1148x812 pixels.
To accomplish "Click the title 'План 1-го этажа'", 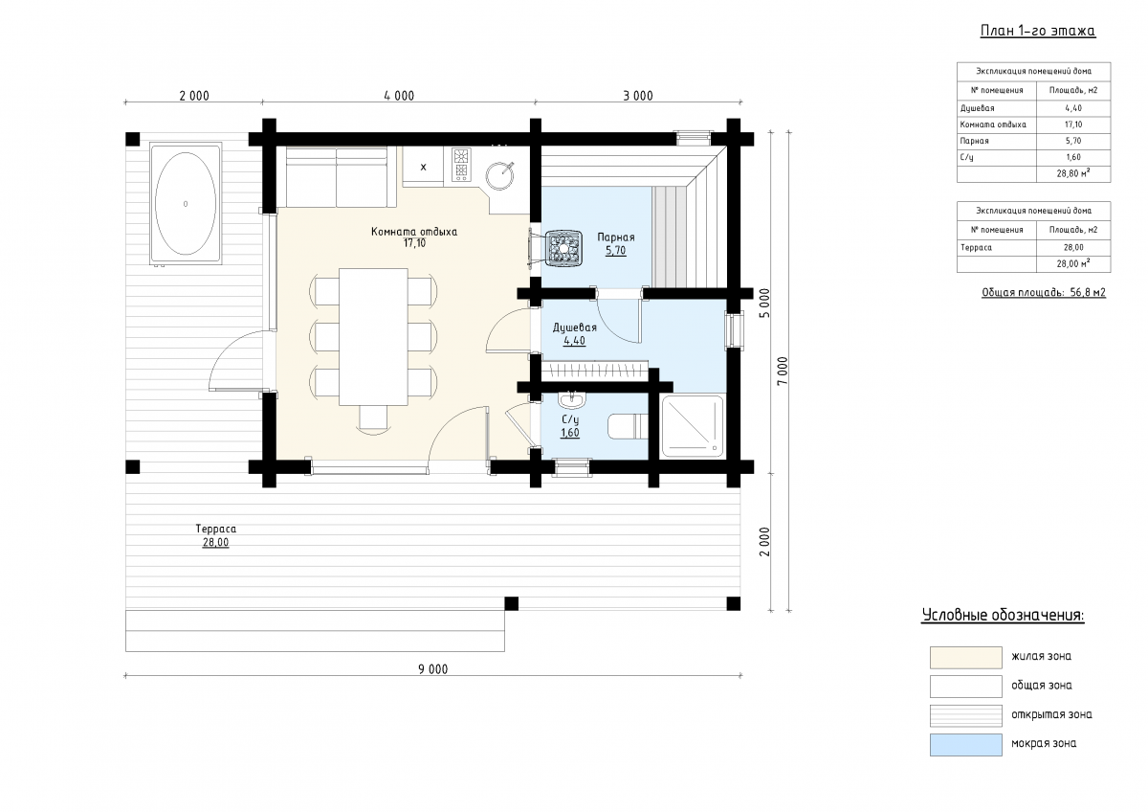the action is (1038, 31).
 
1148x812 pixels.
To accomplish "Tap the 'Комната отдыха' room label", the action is (414, 232).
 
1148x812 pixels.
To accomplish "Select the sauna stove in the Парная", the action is (563, 248).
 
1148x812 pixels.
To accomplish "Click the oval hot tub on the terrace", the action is (186, 204).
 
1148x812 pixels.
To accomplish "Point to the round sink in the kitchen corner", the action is (499, 175).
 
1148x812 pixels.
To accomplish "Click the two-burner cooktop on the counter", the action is (461, 164).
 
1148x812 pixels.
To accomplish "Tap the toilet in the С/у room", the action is (628, 426).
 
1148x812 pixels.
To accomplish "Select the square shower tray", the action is (693, 425).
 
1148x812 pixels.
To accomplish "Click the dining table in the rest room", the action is (374, 336).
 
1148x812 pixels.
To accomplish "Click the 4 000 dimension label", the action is (399, 96).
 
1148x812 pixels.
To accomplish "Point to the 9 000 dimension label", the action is (433, 669).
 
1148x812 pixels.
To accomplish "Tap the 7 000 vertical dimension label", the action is (783, 372).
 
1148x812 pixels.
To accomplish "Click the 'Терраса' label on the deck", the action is (216, 529).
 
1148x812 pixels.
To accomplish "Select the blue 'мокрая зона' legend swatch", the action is (966, 745).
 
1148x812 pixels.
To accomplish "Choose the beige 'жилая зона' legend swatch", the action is (966, 658).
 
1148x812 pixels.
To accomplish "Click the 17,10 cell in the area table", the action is (1073, 124).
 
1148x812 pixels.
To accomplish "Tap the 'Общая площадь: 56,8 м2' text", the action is (1044, 292).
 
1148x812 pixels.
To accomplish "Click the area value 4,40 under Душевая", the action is (574, 341).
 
